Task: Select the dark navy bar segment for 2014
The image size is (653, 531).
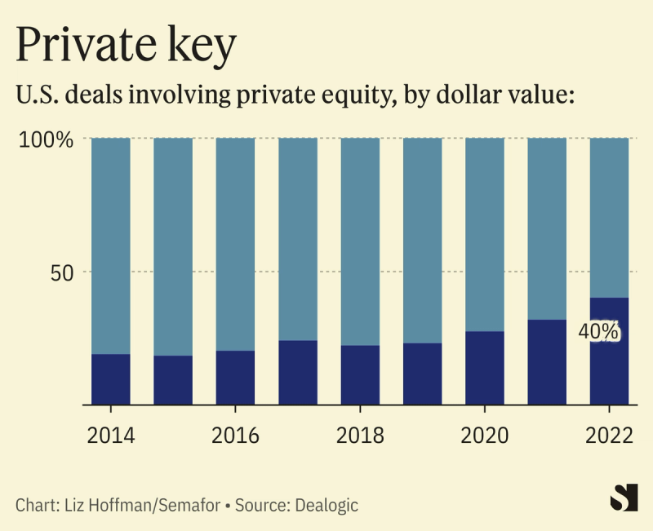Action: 110,379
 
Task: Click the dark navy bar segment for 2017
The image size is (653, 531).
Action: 298,373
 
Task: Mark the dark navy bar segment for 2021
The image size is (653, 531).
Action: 547,362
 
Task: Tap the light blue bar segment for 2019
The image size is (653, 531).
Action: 423,241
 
